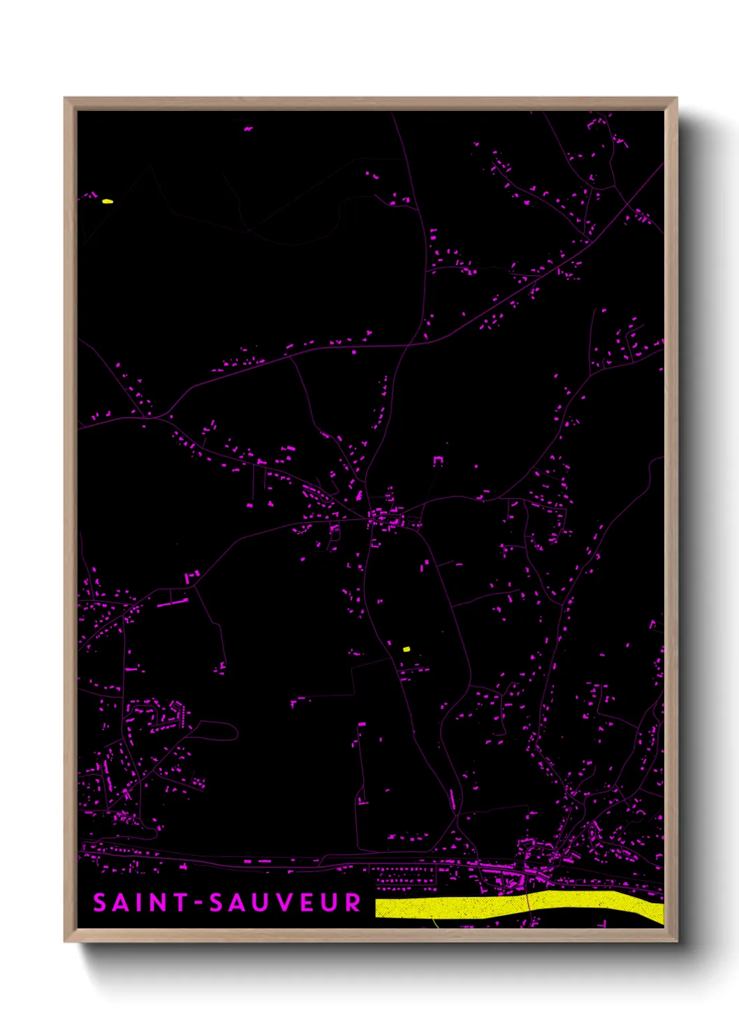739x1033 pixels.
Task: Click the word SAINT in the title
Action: pos(140,902)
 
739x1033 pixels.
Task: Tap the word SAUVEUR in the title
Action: pos(285,902)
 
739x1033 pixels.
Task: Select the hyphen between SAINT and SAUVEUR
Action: pos(198,903)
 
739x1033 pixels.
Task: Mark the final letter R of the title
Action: pos(352,902)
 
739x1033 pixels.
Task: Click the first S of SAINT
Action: pos(100,902)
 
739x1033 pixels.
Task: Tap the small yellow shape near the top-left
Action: pos(107,201)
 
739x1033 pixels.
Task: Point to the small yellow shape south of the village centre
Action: pos(407,649)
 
